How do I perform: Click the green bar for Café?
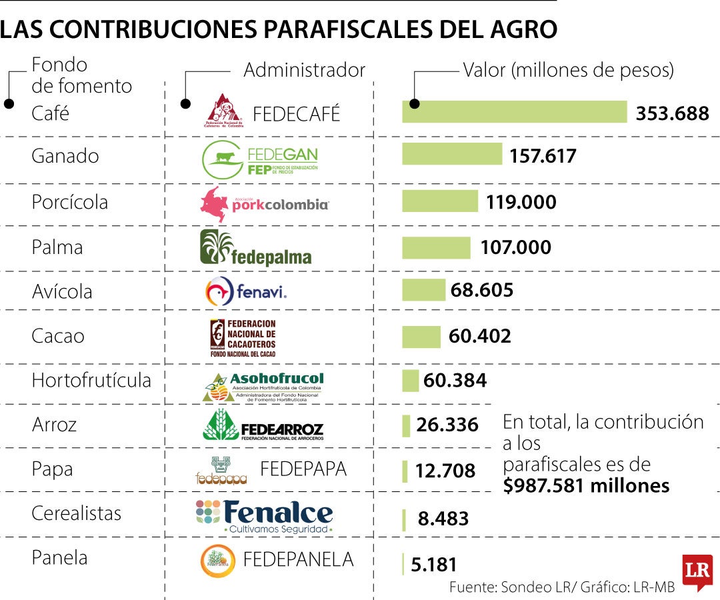point(514,112)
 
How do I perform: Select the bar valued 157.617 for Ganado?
point(451,154)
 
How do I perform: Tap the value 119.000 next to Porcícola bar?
point(521,202)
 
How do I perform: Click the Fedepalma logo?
point(256,247)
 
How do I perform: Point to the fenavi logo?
point(246,291)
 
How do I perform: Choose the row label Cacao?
point(58,336)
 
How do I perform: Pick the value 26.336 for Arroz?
point(447,425)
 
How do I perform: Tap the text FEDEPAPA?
point(303,469)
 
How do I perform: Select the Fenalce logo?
point(264,516)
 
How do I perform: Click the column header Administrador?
point(304,70)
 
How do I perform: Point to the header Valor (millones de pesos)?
point(569,70)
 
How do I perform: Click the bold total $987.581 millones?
point(587,485)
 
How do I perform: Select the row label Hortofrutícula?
point(91,381)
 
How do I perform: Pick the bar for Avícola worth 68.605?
point(423,290)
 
